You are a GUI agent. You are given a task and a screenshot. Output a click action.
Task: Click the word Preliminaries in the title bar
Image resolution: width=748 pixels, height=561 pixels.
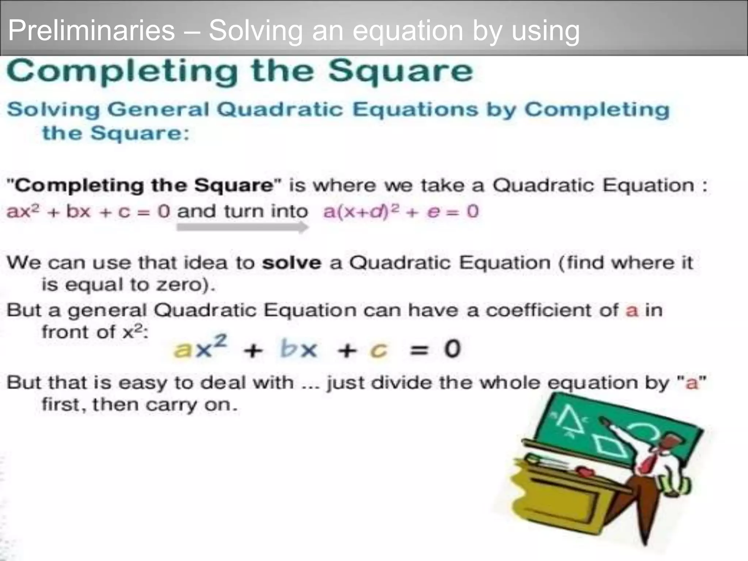pyautogui.click(x=91, y=30)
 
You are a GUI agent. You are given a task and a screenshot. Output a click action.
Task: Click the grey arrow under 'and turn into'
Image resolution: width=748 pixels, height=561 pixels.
pyautogui.click(x=243, y=228)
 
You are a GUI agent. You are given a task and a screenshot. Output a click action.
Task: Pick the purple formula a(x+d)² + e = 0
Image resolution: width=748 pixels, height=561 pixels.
pyautogui.click(x=401, y=211)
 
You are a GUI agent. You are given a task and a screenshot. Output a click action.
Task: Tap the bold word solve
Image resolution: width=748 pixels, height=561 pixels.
pyautogui.click(x=291, y=263)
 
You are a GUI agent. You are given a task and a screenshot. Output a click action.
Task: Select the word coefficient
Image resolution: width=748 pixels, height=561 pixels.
pyautogui.click(x=552, y=310)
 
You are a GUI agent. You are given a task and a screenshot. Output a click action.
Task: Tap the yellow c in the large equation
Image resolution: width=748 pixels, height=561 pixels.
pyautogui.click(x=378, y=350)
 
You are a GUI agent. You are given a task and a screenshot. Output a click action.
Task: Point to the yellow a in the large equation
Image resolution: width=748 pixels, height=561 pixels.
pyautogui.click(x=183, y=350)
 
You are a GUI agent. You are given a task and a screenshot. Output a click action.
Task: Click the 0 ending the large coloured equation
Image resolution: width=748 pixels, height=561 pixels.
pyautogui.click(x=452, y=349)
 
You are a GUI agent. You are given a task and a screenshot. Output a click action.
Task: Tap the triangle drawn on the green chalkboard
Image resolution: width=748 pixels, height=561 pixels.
pyautogui.click(x=570, y=420)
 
